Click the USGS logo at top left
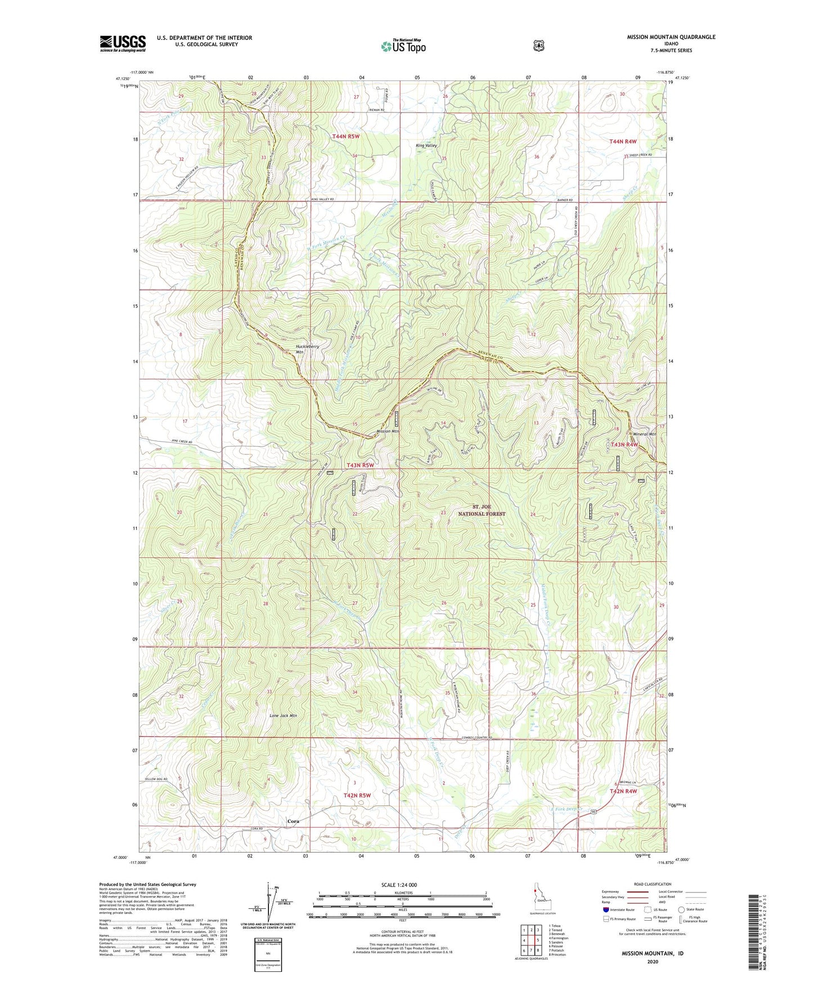pyautogui.click(x=123, y=43)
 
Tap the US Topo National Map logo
pyautogui.click(x=402, y=46)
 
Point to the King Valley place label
pyautogui.click(x=426, y=146)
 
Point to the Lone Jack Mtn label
pyautogui.click(x=283, y=715)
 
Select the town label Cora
pyautogui.click(x=293, y=821)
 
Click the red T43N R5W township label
pyautogui.click(x=360, y=465)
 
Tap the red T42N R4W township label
pyautogui.click(x=624, y=791)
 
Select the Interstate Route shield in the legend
pyautogui.click(x=605, y=909)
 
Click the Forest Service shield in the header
pyautogui.click(x=538, y=45)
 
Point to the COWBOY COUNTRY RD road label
pyautogui.click(x=477, y=737)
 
